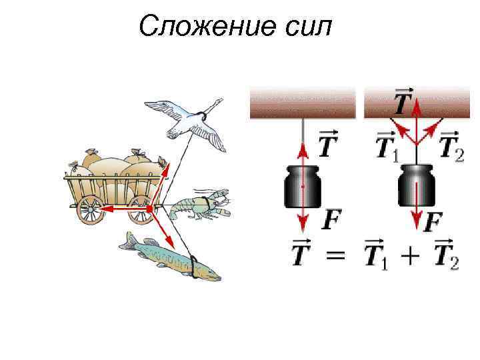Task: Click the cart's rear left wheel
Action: point(89,209)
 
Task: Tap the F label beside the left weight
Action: point(331,218)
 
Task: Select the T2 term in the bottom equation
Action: point(445,255)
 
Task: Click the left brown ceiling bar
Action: point(303,104)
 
